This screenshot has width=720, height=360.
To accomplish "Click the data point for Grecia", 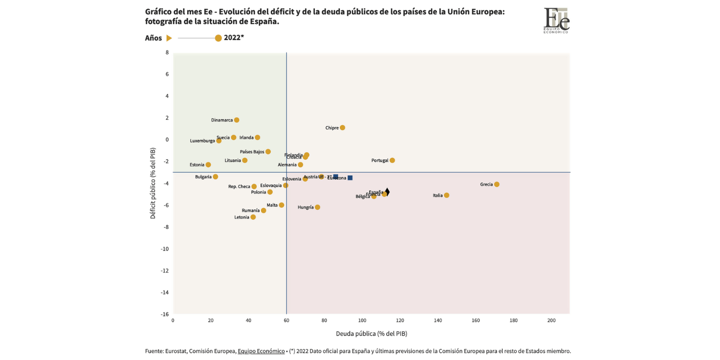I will (497, 184).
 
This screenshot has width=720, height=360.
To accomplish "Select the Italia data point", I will (446, 195).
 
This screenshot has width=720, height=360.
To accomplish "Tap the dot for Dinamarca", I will (237, 120).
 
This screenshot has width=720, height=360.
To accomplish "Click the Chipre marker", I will (342, 128).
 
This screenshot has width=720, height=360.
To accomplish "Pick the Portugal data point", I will (392, 160).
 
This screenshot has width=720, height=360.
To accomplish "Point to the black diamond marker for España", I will (387, 192).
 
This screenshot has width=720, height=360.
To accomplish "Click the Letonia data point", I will (253, 217).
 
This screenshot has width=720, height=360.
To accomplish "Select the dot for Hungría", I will (317, 207).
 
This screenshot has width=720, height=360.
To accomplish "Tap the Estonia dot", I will (208, 165).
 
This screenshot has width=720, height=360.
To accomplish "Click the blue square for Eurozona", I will (350, 178).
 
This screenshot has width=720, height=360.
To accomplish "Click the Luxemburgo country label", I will (202, 141).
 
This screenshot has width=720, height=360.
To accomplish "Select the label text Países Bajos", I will (252, 152).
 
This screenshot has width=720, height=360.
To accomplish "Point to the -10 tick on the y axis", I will (164, 249).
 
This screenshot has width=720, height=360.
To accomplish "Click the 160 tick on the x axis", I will (476, 321).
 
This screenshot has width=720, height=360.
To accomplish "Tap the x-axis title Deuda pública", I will (371, 334).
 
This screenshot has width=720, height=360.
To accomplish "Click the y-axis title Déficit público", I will (153, 183).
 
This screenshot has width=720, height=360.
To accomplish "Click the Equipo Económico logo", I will (556, 20).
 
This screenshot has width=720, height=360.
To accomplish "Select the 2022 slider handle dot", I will (218, 38).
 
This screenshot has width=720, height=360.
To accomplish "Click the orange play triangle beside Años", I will (169, 38).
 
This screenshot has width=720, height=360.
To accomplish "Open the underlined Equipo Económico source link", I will (261, 351).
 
